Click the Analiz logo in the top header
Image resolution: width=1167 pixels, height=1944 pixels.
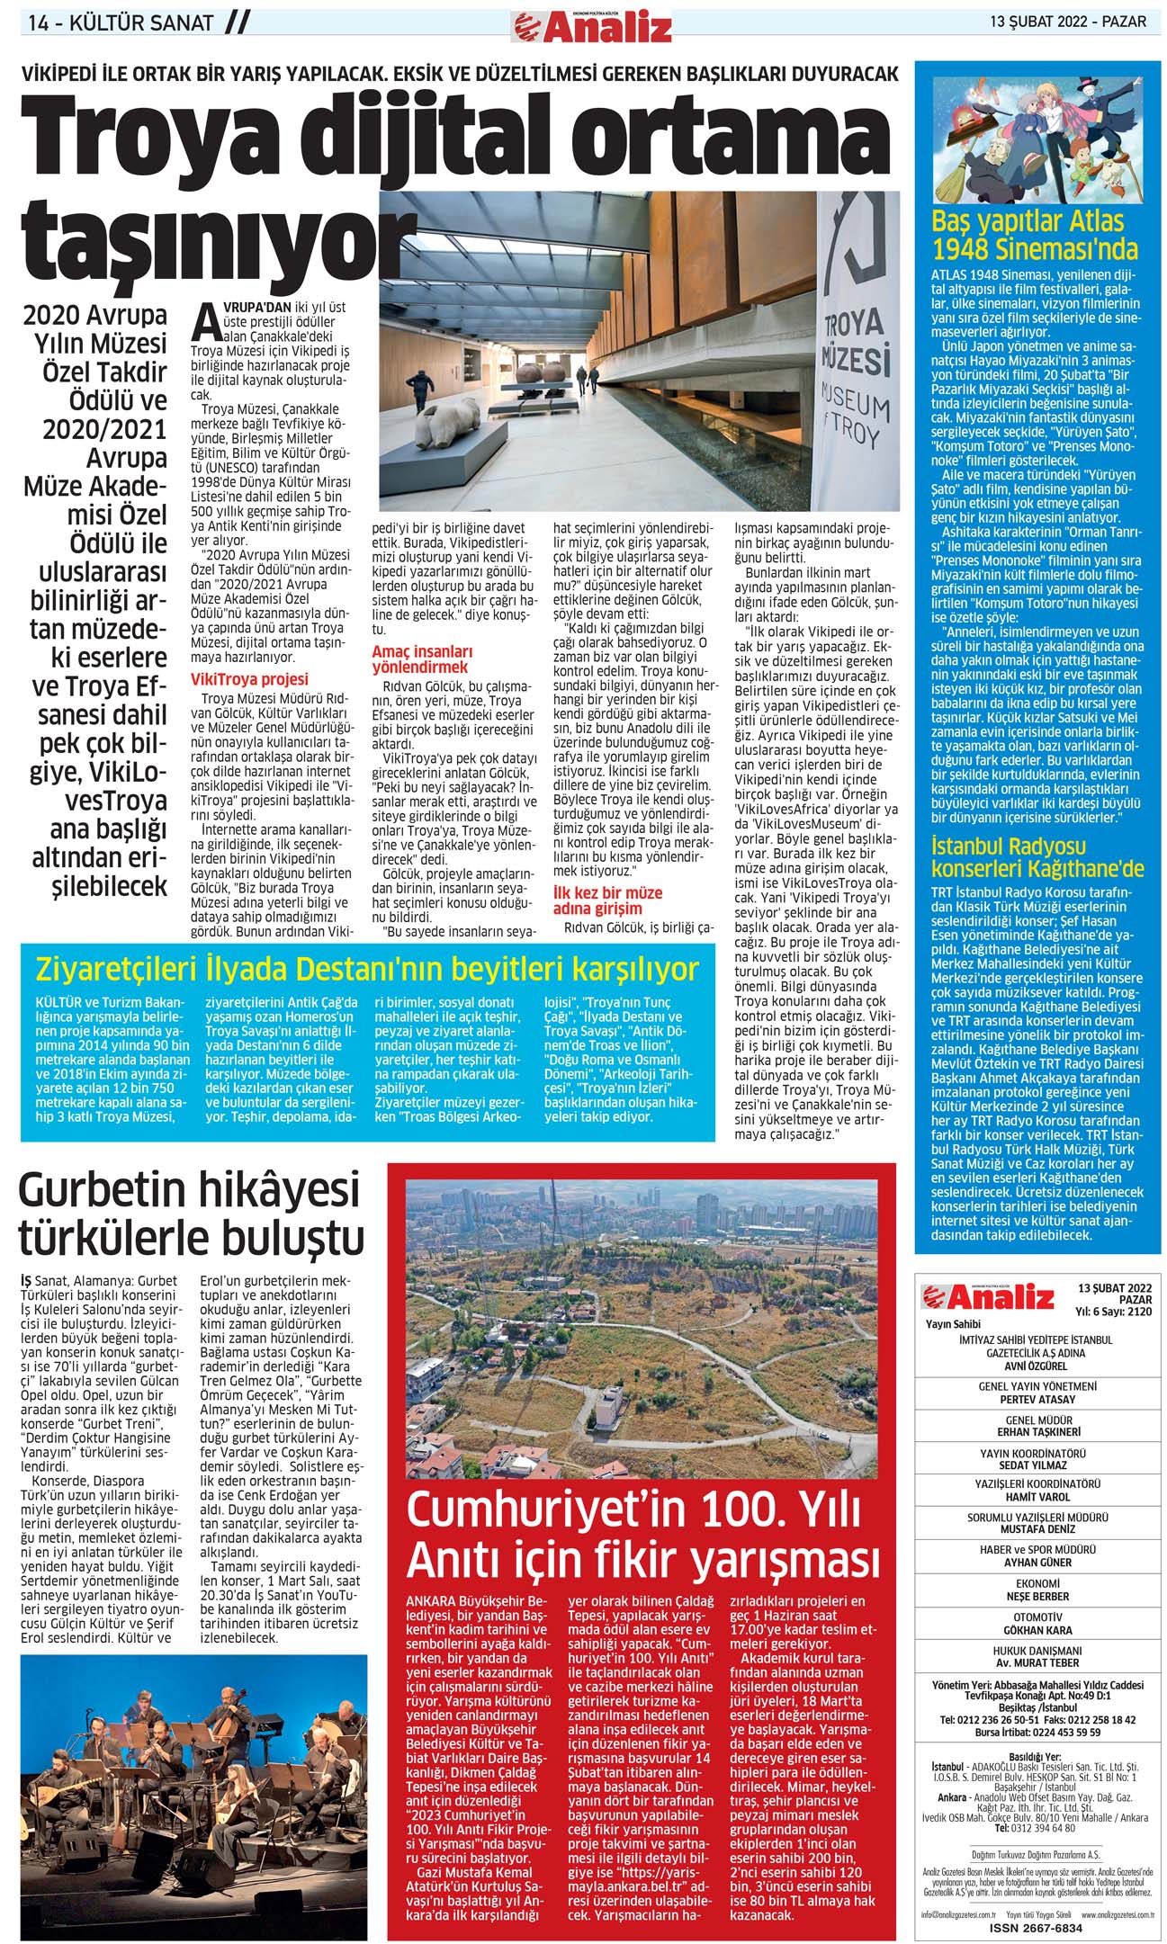[590, 26]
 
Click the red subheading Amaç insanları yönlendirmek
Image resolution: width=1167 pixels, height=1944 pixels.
[425, 658]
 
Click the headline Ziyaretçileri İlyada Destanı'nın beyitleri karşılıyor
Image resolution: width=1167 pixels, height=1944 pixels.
[366, 971]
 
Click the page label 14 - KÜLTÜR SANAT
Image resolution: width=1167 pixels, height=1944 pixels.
[121, 23]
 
